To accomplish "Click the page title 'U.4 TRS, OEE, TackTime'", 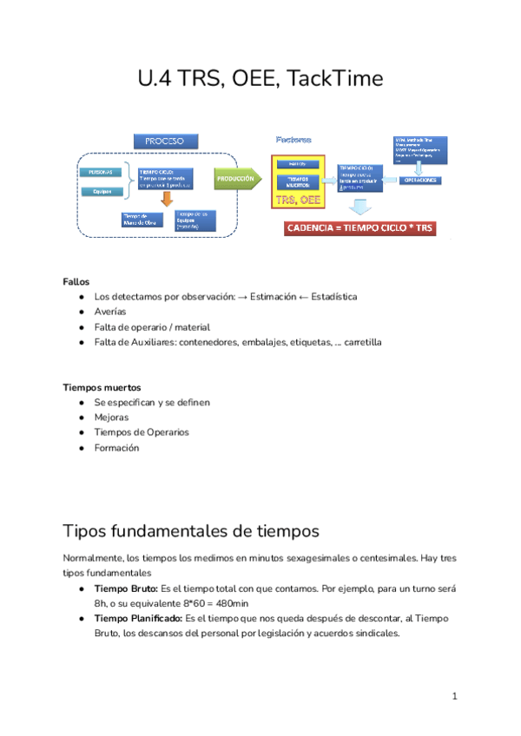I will (x=260, y=79).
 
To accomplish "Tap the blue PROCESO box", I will (x=165, y=140).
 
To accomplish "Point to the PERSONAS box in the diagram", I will (x=102, y=172).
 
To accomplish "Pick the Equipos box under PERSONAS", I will (x=102, y=192).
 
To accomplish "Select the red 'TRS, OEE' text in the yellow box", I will (x=299, y=200).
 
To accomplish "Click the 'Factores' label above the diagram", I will (x=293, y=139).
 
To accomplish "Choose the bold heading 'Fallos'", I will (x=76, y=281).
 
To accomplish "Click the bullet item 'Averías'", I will (x=110, y=312).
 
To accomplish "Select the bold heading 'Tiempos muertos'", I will (x=102, y=387).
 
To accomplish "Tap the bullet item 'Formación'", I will (x=116, y=448).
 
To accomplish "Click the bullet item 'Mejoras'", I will (x=111, y=417).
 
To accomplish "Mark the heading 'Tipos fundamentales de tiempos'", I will (x=191, y=530).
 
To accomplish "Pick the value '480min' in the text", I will (x=229, y=603).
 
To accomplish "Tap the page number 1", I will (x=454, y=697).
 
